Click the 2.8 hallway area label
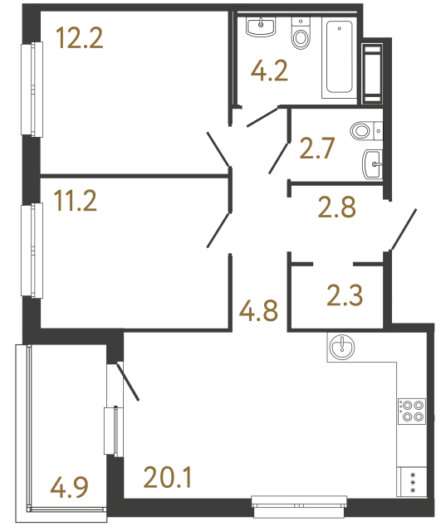click(x=337, y=205)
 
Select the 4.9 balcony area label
click(x=68, y=485)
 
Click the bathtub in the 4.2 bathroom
click(x=339, y=59)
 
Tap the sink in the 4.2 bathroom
click(x=261, y=29)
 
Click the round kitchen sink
click(x=341, y=348)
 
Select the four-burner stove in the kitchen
click(x=413, y=412)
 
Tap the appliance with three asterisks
click(x=413, y=481)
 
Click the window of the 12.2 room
click(x=34, y=89)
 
